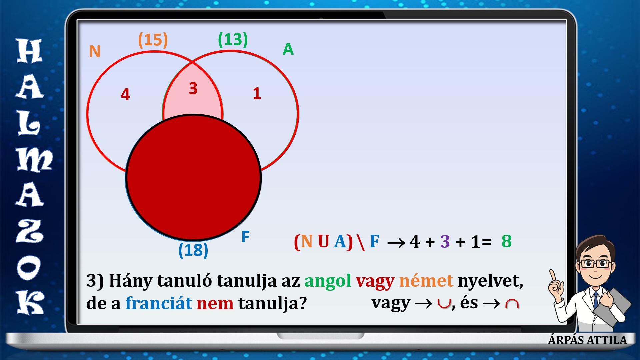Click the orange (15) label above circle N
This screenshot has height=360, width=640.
pyautogui.click(x=153, y=40)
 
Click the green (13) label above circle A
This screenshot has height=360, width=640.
pyautogui.click(x=233, y=40)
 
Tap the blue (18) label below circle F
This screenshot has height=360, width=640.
pyautogui.click(x=193, y=250)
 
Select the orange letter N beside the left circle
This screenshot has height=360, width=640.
pyautogui.click(x=95, y=52)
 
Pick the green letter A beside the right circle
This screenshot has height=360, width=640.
pyautogui.click(x=288, y=50)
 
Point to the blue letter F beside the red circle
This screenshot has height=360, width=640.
pyautogui.click(x=245, y=237)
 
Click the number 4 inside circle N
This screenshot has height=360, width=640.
pyautogui.click(x=125, y=95)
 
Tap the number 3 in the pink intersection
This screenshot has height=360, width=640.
pyautogui.click(x=193, y=89)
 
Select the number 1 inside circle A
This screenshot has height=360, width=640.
pyautogui.click(x=257, y=94)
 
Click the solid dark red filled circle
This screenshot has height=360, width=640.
pyautogui.click(x=193, y=177)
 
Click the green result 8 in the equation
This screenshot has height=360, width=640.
pyautogui.click(x=506, y=241)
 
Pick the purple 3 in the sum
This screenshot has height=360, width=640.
pyautogui.click(x=445, y=241)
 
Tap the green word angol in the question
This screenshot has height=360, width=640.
pyautogui.click(x=328, y=282)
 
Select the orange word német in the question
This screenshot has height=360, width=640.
pyautogui.click(x=426, y=281)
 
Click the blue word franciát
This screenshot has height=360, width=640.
pyautogui.click(x=159, y=303)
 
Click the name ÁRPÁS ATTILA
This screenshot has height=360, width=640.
pyautogui.click(x=587, y=340)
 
